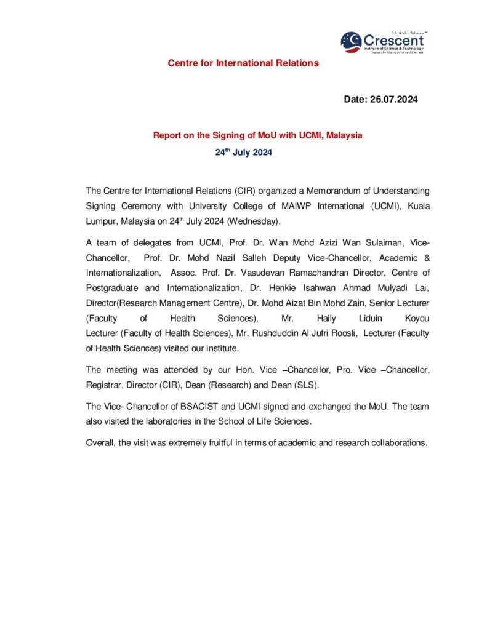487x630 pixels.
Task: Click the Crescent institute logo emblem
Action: (352, 42)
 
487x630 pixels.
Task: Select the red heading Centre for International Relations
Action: (243, 63)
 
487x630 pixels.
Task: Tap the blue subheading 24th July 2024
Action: (243, 151)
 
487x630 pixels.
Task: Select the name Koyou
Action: (416, 319)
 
